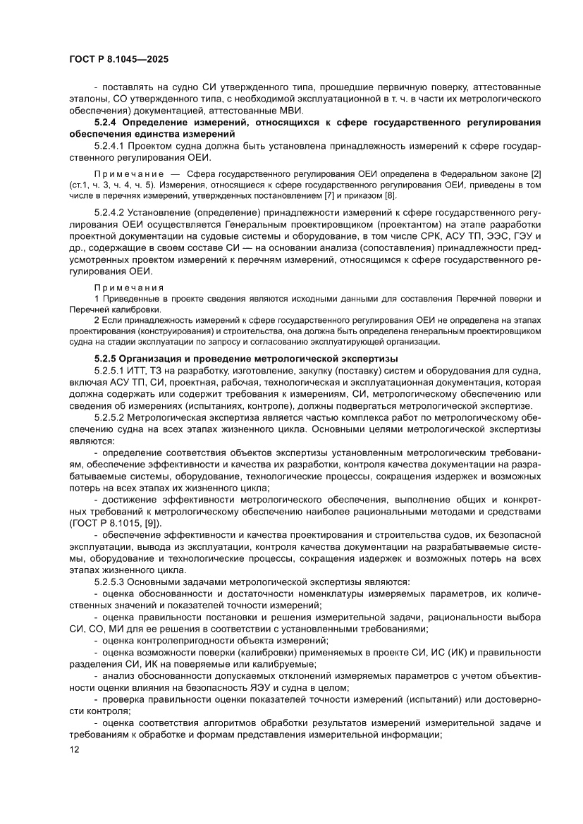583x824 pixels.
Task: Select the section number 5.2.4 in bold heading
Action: point(109,123)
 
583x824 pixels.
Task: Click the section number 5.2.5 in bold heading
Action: point(109,358)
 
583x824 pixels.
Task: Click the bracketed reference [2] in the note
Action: point(534,173)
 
